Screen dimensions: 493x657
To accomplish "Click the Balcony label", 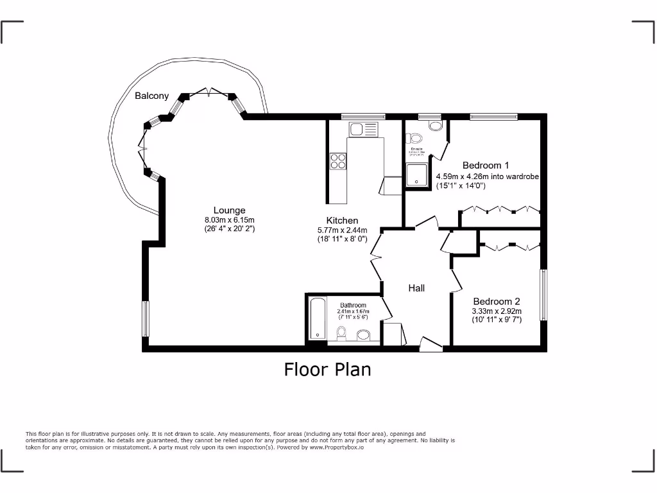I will tap(151, 96).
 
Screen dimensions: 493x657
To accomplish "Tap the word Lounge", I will tap(229, 210).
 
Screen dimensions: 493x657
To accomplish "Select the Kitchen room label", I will tap(342, 220).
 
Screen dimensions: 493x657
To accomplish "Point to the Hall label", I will tap(416, 288).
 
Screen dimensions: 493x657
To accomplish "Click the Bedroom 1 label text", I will tap(485, 166).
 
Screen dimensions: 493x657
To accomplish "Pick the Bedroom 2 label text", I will tap(497, 301).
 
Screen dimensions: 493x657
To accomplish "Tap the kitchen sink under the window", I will tap(363, 129).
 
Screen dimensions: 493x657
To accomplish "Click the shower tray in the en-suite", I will tap(417, 174).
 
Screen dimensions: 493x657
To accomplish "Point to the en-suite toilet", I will tap(414, 138).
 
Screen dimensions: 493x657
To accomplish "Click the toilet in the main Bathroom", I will tap(342, 333).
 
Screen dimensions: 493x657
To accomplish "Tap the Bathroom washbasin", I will tap(364, 334).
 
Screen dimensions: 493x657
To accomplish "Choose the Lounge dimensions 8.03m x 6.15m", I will tap(229, 220).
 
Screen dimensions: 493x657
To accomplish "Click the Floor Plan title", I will tap(327, 370).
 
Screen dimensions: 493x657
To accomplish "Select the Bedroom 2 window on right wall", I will tap(543, 295).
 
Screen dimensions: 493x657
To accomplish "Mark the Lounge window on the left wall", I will tap(145, 318).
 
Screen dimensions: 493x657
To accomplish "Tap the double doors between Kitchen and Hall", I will tap(377, 257).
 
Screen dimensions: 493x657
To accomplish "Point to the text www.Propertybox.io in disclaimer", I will tap(336, 447).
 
